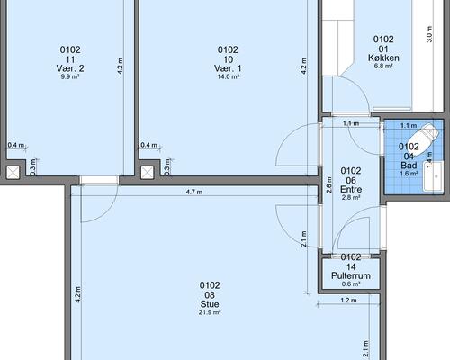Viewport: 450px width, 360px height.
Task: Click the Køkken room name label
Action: (383, 58)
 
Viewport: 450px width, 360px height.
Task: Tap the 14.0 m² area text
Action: (228, 76)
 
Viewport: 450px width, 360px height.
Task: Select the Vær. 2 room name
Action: (70, 68)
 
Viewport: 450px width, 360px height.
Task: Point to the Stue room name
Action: (210, 304)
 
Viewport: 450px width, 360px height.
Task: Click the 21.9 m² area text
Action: (210, 312)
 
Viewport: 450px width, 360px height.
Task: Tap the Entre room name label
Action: (351, 189)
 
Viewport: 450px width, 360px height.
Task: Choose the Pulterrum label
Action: (351, 275)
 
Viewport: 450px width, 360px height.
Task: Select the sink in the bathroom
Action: (433, 176)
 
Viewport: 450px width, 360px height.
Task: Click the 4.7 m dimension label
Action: (194, 192)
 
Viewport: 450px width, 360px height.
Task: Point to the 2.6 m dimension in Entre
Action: (329, 185)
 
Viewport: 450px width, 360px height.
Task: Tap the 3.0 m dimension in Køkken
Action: (429, 34)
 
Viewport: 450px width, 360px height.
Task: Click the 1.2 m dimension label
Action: (348, 300)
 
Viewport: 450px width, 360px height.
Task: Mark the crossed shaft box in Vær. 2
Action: (13, 173)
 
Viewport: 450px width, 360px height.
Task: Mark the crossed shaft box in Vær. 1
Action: (147, 173)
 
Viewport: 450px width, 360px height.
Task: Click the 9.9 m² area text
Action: (70, 76)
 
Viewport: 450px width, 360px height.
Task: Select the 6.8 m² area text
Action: (383, 66)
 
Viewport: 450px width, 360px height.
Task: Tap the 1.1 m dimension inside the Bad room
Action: (409, 126)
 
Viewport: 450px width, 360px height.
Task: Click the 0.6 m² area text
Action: (351, 283)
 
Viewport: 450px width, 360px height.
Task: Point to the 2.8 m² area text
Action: (351, 197)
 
